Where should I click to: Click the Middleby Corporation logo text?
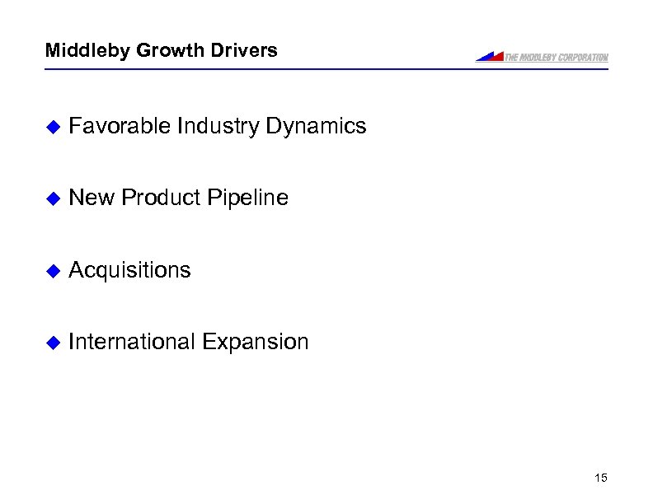point(557,57)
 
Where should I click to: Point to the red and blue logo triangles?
point(490,56)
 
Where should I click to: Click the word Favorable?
point(120,126)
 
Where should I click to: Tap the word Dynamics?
point(316,126)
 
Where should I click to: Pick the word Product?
point(161,198)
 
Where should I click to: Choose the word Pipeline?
point(248,198)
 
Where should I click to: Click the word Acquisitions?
point(129,270)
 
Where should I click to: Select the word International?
point(132,342)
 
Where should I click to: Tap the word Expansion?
point(255,342)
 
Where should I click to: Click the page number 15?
point(599,478)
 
